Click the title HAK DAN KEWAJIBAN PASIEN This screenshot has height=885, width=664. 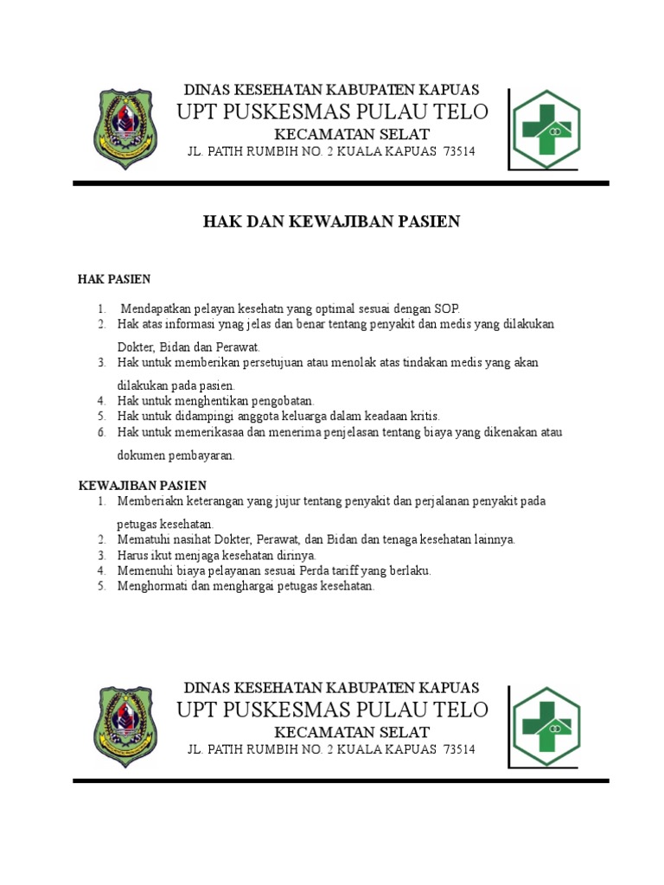coord(331,222)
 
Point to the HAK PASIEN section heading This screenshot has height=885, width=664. coord(114,279)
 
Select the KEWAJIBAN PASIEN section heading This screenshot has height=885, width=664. coord(143,486)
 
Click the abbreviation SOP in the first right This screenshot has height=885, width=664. coord(448,309)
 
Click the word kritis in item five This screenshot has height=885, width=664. coord(424,416)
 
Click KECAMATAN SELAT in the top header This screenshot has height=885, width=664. coord(352,133)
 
